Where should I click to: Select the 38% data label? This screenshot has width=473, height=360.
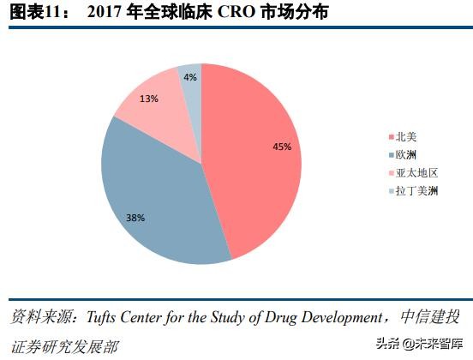point(135,218)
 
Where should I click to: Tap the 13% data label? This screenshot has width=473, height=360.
point(148,99)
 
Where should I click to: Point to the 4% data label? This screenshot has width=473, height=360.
point(190,77)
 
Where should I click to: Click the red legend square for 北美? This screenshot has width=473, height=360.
point(390,136)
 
